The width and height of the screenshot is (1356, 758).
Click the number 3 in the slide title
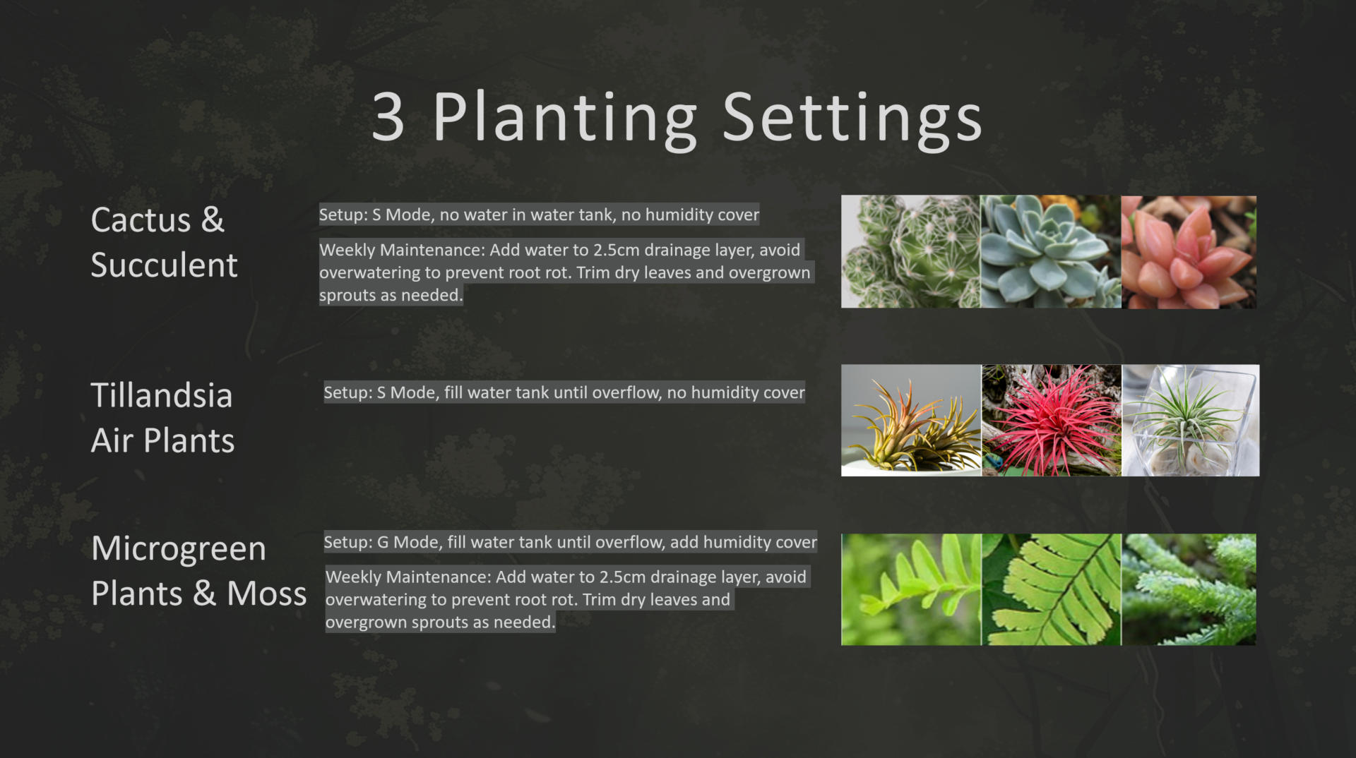(388, 117)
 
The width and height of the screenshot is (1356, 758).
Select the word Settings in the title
(852, 119)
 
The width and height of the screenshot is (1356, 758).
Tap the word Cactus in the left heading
(141, 219)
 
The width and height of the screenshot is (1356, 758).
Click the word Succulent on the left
(164, 265)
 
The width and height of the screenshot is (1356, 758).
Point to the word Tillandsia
(162, 395)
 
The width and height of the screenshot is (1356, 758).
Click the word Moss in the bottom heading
(266, 594)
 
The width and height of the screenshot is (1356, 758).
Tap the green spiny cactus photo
(910, 251)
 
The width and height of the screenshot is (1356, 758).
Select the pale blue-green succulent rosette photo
(1051, 251)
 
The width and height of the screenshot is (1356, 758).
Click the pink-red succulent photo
(1189, 252)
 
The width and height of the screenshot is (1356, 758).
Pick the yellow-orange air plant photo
(911, 421)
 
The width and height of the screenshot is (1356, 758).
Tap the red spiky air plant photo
(1052, 421)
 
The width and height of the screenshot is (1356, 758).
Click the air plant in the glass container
(1191, 421)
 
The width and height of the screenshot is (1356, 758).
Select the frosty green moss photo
(1189, 589)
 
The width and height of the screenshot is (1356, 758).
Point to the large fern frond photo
(1052, 589)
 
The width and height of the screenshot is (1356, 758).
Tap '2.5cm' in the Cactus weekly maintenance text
(618, 251)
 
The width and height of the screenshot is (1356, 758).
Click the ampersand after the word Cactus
(213, 219)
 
